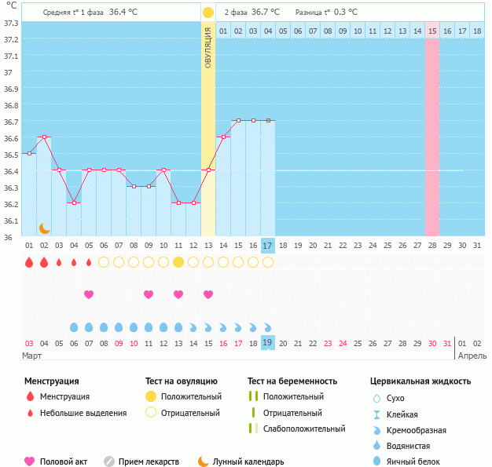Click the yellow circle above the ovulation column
pos(207,13)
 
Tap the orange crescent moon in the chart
pos(45,228)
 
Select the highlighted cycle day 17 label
pos(267,246)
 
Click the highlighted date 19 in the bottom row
pos(267,343)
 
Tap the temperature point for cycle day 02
pos(44,137)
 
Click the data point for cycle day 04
pos(74,202)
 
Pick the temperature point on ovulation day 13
pos(208,170)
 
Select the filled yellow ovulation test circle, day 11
pos(178,262)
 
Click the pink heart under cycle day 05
pos(89,294)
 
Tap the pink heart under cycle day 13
pos(208,294)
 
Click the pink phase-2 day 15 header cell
pos(432,31)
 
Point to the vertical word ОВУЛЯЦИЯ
pos(208,47)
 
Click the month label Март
pos(32,356)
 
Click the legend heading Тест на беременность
pos(292,381)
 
